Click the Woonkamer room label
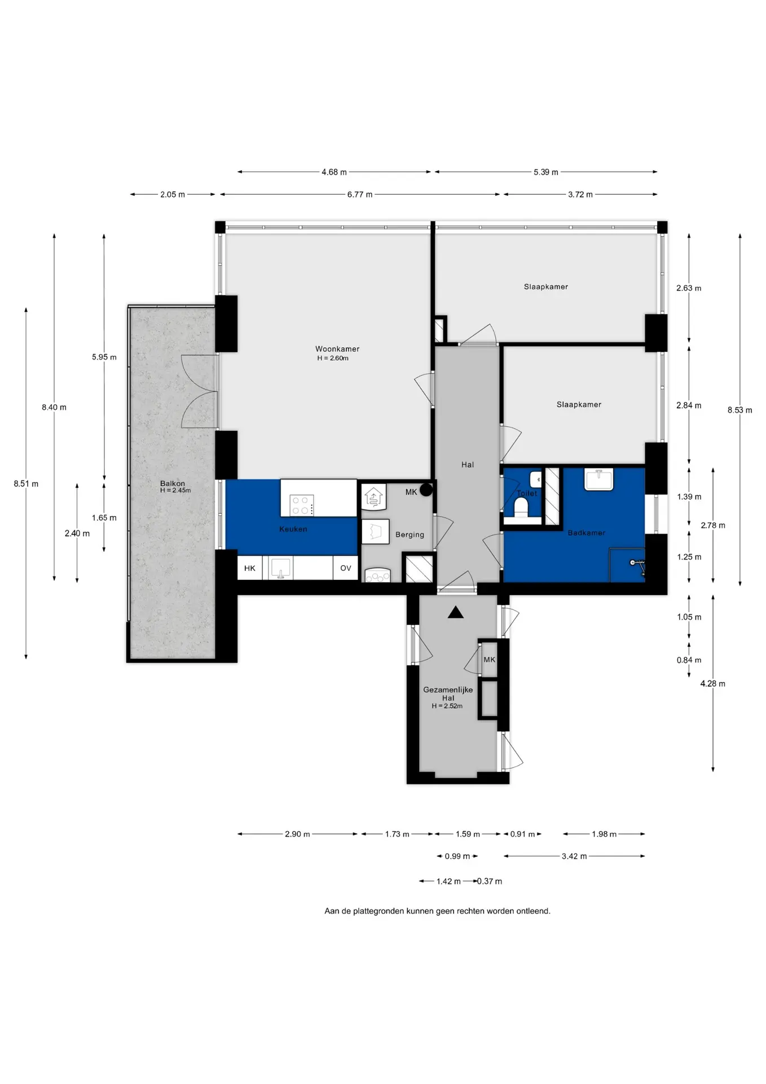[337, 349]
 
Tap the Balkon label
[173, 483]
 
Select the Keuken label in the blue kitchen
[293, 529]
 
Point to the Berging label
[410, 535]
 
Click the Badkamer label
[587, 532]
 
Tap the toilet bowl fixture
[521, 508]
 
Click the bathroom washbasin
[598, 480]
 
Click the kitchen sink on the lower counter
[280, 567]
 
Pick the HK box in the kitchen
[250, 568]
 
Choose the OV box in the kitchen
[345, 568]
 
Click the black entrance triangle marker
[456, 612]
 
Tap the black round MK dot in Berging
[426, 489]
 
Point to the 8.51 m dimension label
[26, 484]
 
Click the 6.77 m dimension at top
[360, 194]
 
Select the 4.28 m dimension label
[713, 684]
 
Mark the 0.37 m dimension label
[490, 881]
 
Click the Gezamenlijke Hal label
[448, 694]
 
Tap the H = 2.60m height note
[333, 358]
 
